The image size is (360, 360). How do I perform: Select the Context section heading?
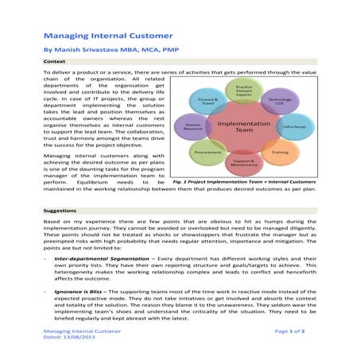[x=56, y=60]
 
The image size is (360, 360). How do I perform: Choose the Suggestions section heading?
[x=63, y=211]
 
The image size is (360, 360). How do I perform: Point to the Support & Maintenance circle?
[x=244, y=163]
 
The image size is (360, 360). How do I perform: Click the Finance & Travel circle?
[x=208, y=101]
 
